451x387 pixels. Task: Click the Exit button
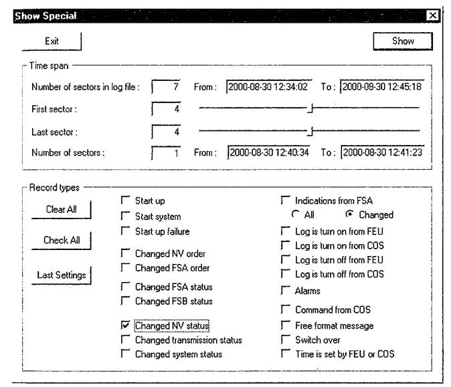point(52,41)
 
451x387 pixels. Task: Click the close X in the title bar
point(432,16)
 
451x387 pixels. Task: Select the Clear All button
point(61,209)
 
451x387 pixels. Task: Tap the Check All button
point(61,241)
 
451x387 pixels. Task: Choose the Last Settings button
point(62,274)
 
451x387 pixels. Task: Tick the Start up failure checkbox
point(125,231)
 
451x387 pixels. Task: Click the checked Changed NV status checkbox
point(125,326)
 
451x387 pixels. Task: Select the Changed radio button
point(349,215)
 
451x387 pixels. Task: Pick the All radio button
point(294,215)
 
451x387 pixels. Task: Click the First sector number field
point(167,109)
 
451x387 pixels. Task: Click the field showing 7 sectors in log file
point(167,87)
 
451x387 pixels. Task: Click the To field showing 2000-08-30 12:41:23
point(382,152)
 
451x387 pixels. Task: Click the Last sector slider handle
point(310,130)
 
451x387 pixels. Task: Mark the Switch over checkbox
point(286,340)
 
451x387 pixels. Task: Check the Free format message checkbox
point(286,326)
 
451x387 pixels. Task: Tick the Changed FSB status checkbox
point(125,301)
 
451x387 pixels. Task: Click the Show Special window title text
point(46,16)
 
